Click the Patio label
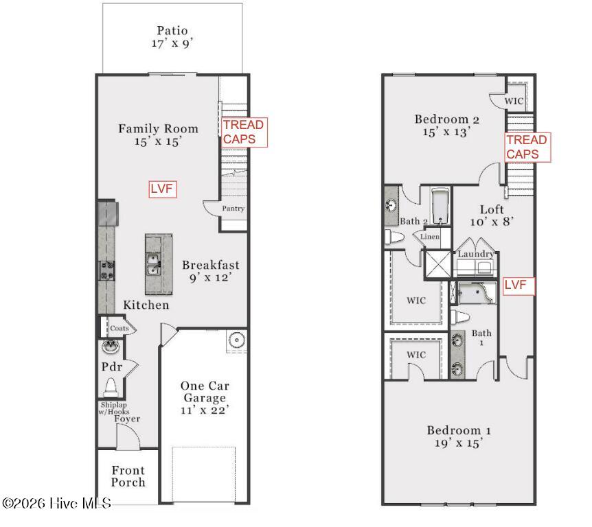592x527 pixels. (x=172, y=31)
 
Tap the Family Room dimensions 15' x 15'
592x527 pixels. (x=158, y=141)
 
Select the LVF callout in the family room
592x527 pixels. (x=162, y=189)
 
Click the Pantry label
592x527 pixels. (x=233, y=208)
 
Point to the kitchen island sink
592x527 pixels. (x=153, y=265)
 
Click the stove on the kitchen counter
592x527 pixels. (x=106, y=271)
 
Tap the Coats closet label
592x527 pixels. (x=119, y=328)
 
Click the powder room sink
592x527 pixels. (x=111, y=346)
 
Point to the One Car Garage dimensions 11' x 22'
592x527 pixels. (x=205, y=410)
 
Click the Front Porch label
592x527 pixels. (x=128, y=476)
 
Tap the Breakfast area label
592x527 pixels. (x=211, y=265)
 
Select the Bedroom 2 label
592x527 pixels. (x=447, y=119)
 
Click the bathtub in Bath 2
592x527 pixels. (x=440, y=207)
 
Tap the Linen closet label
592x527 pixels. (x=430, y=237)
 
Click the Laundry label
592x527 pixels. (x=476, y=254)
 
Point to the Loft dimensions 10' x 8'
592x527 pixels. (x=492, y=222)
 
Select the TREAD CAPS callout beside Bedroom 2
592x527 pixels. (x=527, y=148)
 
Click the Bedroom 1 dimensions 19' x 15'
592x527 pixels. (x=459, y=443)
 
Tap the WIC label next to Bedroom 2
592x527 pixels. (x=514, y=101)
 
